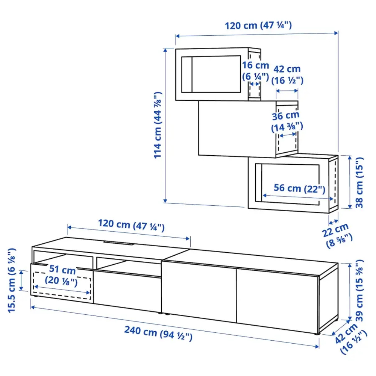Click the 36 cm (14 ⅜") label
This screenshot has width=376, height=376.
click(x=287, y=121)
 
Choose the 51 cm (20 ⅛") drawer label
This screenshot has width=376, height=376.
click(x=61, y=276)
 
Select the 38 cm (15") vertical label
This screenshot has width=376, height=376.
click(x=360, y=182)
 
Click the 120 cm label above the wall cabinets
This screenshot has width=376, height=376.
click(x=258, y=26)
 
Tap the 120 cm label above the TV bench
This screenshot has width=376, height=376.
click(x=131, y=226)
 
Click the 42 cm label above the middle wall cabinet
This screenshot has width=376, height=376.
click(x=287, y=74)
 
